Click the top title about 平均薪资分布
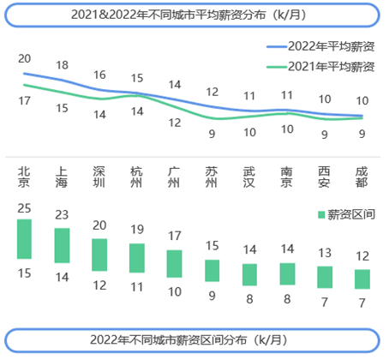click(x=194, y=15)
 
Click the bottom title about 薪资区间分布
click(x=194, y=339)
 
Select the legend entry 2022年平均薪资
click(x=319, y=47)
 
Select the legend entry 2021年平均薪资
click(x=319, y=66)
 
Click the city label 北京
click(x=24, y=177)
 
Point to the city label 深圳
click(x=99, y=177)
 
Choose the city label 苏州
click(x=212, y=177)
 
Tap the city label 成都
click(x=362, y=177)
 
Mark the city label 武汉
click(x=249, y=177)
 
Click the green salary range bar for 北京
click(x=24, y=239)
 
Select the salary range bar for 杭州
click(x=137, y=258)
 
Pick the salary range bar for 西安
click(x=325, y=277)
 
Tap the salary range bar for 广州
click(x=175, y=263)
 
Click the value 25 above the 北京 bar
click(x=24, y=208)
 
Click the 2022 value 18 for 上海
click(x=62, y=65)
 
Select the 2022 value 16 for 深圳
click(x=99, y=75)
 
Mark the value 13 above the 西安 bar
click(x=325, y=254)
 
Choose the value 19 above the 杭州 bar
click(x=137, y=230)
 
